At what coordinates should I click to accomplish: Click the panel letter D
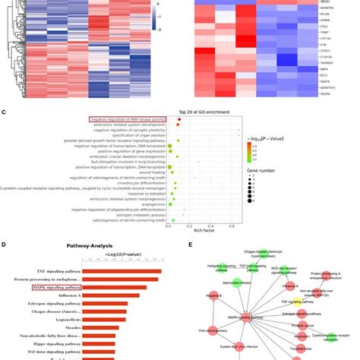pyautogui.click(x=5, y=246)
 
